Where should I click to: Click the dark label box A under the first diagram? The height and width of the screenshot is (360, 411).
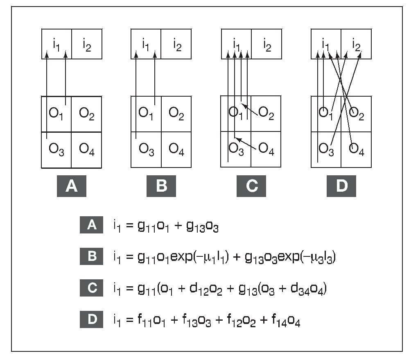pyautogui.click(x=72, y=186)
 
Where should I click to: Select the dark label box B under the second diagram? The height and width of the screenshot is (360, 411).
pyautogui.click(x=161, y=186)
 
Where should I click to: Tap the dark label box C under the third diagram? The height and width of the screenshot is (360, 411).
pyautogui.click(x=251, y=186)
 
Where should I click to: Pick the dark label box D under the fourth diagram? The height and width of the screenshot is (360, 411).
pyautogui.click(x=341, y=186)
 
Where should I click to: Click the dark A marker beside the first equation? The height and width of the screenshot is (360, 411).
pyautogui.click(x=92, y=225)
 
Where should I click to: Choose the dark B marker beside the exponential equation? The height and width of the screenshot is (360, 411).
pyautogui.click(x=92, y=257)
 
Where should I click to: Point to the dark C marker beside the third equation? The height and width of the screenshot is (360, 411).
pyautogui.click(x=92, y=288)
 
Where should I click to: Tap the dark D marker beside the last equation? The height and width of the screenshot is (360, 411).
pyautogui.click(x=92, y=319)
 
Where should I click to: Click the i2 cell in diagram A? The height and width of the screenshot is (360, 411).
pyautogui.click(x=87, y=44)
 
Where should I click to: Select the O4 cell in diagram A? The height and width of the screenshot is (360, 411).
pyautogui.click(x=87, y=149)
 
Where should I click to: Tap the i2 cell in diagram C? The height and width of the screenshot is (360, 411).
pyautogui.click(x=266, y=44)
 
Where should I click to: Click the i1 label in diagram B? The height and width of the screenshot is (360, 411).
pyautogui.click(x=145, y=43)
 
